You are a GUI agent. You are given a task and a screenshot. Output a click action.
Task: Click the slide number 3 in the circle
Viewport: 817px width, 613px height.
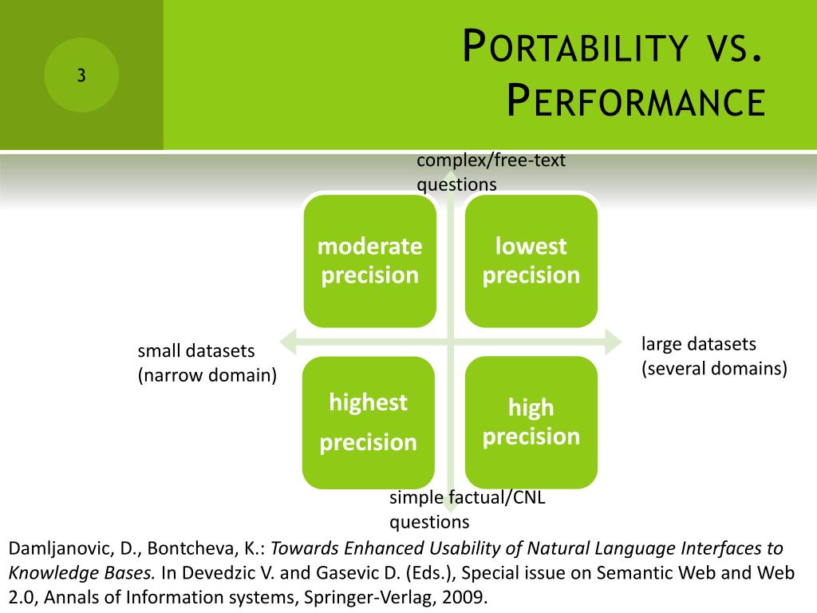pyautogui.click(x=81, y=76)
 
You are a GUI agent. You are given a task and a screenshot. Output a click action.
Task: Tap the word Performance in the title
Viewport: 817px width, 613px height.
pyautogui.click(x=636, y=101)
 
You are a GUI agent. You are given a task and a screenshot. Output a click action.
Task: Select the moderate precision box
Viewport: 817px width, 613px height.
pyautogui.click(x=370, y=261)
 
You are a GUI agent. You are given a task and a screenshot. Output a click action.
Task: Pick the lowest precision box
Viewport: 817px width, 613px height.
pyautogui.click(x=531, y=261)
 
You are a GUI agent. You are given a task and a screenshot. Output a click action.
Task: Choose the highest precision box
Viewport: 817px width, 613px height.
pyautogui.click(x=369, y=422)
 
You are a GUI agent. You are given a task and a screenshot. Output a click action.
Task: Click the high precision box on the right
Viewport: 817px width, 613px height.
pyautogui.click(x=531, y=422)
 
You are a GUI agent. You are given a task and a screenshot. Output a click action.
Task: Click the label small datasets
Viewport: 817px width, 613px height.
pyautogui.click(x=196, y=351)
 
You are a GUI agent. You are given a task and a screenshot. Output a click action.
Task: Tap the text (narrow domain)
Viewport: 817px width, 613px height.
pyautogui.click(x=207, y=375)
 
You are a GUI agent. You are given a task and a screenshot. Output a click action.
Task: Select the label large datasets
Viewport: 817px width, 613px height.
pyautogui.click(x=699, y=344)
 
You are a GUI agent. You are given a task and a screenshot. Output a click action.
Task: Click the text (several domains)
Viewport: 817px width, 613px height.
pyautogui.click(x=714, y=369)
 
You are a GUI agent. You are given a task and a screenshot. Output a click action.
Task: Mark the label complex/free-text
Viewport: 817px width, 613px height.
pyautogui.click(x=491, y=160)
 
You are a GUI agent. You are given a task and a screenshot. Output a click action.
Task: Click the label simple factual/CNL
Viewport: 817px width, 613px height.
pyautogui.click(x=468, y=497)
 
